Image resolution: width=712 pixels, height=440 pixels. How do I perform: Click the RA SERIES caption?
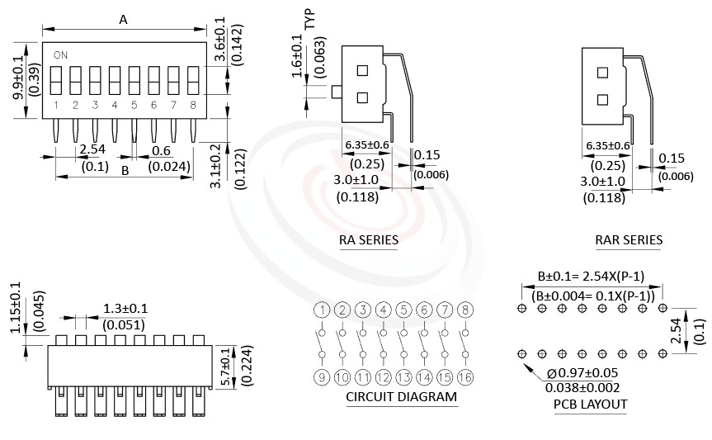pyautogui.click(x=368, y=240)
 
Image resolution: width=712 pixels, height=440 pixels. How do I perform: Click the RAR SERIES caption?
pyautogui.click(x=629, y=240)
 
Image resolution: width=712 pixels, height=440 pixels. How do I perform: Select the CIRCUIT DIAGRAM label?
pyautogui.click(x=401, y=397)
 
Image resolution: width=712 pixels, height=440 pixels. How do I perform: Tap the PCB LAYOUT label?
pyautogui.click(x=590, y=404)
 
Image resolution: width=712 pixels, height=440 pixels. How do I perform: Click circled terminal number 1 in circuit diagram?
pyautogui.click(x=322, y=310)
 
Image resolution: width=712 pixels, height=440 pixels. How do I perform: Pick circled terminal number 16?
pyautogui.click(x=465, y=377)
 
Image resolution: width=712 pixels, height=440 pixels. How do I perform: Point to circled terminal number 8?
pyautogui.click(x=465, y=310)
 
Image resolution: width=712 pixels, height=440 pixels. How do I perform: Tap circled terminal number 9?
pyautogui.click(x=322, y=377)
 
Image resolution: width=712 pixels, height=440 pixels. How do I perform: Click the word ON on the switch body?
pyautogui.click(x=60, y=55)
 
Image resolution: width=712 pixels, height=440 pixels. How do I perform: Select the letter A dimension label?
pyautogui.click(x=124, y=20)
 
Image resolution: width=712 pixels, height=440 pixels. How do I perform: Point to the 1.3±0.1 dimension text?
pyautogui.click(x=125, y=309)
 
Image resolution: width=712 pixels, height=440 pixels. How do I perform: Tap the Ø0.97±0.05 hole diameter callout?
pyautogui.click(x=582, y=373)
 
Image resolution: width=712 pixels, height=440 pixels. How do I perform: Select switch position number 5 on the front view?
pyautogui.click(x=134, y=105)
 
